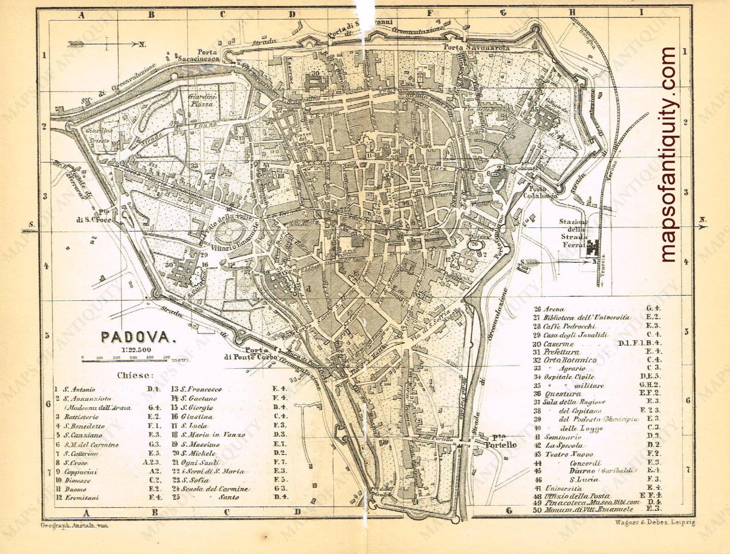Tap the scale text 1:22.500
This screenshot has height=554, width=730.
click(x=136, y=350)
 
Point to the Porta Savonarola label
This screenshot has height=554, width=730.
click(x=476, y=47)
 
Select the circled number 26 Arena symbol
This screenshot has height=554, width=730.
click(x=474, y=245)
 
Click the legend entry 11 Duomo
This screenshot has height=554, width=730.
click(x=75, y=489)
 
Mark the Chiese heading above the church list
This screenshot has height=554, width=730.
click(x=135, y=375)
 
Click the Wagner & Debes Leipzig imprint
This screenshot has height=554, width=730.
click(x=655, y=523)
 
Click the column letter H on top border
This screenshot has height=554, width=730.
click(x=572, y=13)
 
